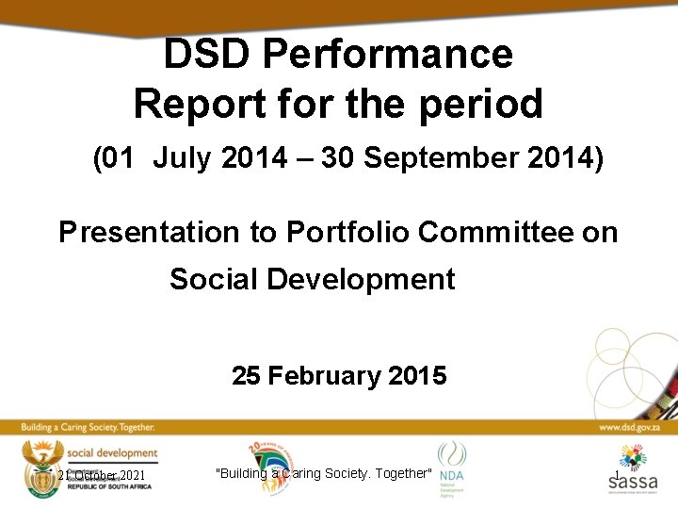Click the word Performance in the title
point(388,55)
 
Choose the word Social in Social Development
point(214,279)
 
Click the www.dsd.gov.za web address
point(629,427)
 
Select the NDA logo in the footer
point(451,468)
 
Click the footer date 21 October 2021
point(101,475)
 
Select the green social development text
point(111,453)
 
